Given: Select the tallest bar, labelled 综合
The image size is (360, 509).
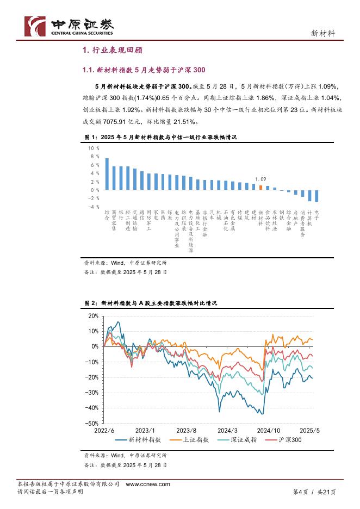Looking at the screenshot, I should pos(107,173).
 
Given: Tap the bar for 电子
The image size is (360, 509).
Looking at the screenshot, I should pos(317,196).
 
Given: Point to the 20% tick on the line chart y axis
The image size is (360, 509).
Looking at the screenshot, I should pos(92,316).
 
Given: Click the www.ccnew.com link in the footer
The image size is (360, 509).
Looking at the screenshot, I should pos(148,484).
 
